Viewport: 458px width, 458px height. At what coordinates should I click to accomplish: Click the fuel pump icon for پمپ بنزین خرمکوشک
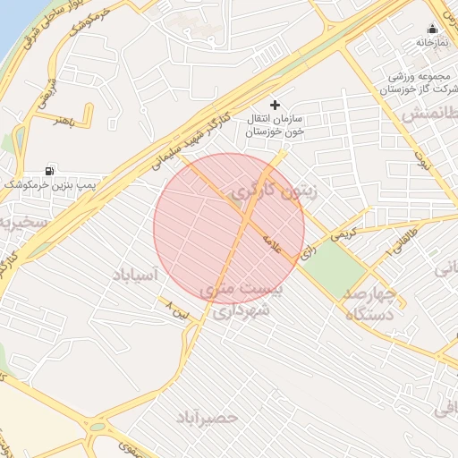pos(48,170)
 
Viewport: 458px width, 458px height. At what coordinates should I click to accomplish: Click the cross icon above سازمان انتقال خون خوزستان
pos(275,106)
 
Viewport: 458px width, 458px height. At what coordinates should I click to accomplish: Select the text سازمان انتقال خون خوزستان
pos(276,125)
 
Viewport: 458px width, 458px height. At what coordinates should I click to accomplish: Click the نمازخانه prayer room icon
pos(433,29)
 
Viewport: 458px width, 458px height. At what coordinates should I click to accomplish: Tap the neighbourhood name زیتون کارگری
pos(273,192)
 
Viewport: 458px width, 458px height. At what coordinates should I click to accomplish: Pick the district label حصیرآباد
pos(207,418)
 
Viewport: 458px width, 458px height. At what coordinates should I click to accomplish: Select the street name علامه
pos(271,243)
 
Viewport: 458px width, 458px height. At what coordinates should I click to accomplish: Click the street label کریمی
pos(341,234)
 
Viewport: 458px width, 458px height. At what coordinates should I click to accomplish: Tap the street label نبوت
pos(419,161)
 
